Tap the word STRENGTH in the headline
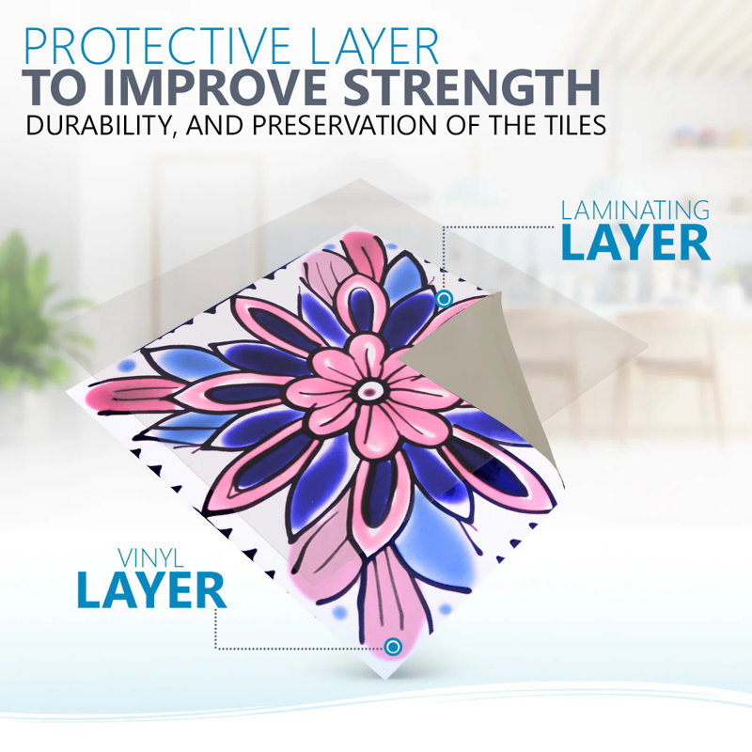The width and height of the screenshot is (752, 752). click(x=472, y=87)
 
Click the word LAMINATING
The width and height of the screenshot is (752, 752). click(x=635, y=210)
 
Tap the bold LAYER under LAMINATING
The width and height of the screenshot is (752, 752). click(x=635, y=243)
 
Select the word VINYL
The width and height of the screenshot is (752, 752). click(x=150, y=558)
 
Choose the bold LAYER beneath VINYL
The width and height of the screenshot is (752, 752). click(x=151, y=590)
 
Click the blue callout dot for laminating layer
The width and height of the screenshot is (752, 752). click(x=445, y=299)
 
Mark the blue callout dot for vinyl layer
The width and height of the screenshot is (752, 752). click(x=393, y=647)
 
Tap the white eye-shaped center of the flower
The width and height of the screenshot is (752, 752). click(x=368, y=391)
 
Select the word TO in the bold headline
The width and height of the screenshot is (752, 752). click(x=57, y=87)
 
